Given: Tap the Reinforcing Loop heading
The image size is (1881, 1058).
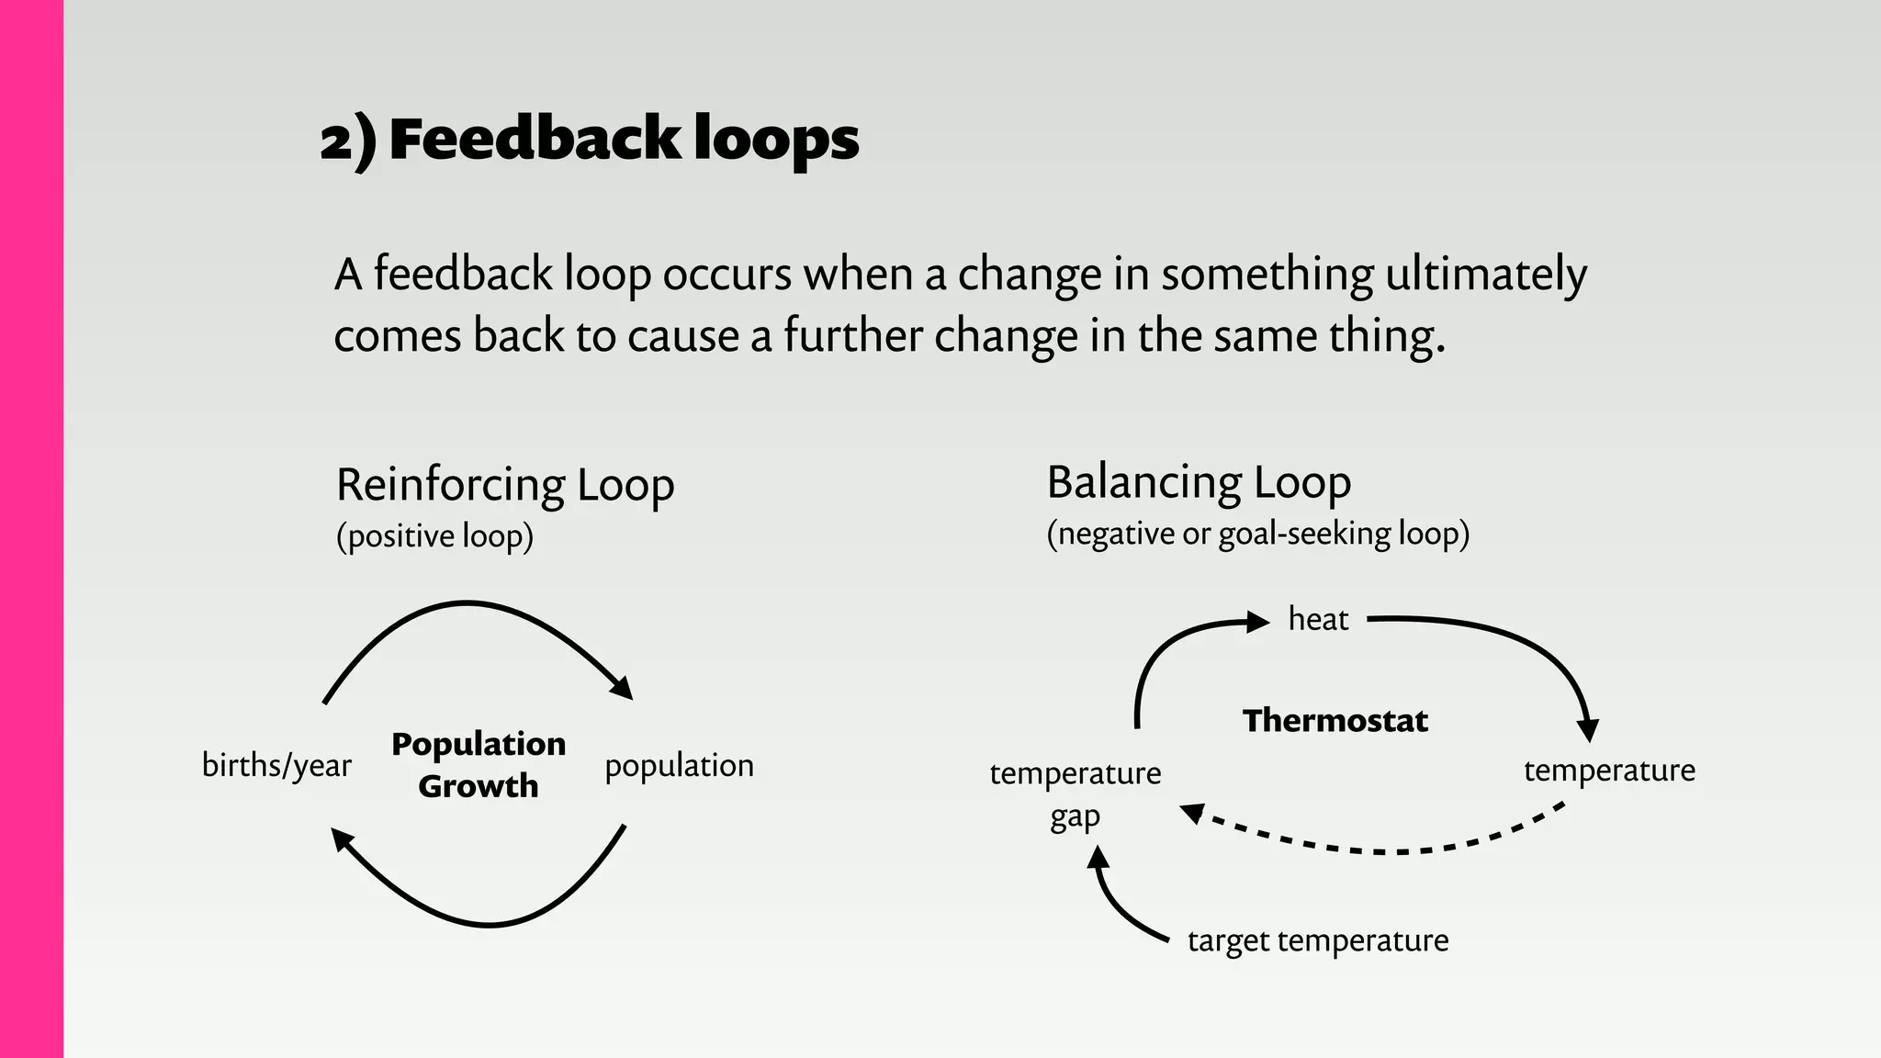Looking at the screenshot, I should tap(505, 485).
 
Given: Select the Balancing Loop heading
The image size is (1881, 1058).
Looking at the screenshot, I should tap(1199, 482).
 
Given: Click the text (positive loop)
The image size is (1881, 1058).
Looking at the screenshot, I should tap(434, 536).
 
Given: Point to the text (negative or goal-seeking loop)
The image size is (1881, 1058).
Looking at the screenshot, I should tap(1257, 534).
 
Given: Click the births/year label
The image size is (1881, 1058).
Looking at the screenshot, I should tap(276, 765).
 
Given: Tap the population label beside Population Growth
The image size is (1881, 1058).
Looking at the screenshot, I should tap(679, 765).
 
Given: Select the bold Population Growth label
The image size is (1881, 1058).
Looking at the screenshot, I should tap(478, 765).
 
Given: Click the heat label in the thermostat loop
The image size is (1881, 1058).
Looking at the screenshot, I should tap(1318, 619).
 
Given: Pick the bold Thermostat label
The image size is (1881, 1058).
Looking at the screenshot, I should tap(1335, 721).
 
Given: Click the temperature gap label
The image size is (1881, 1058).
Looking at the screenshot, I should tap(1075, 793).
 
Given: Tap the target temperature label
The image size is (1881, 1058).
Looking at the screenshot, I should tap(1318, 940).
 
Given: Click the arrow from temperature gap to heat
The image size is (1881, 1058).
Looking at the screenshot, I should tap(1162, 654).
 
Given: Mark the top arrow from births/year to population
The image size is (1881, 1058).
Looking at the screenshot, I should tap(468, 604).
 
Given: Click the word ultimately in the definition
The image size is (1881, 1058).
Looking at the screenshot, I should tap(1485, 275).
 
